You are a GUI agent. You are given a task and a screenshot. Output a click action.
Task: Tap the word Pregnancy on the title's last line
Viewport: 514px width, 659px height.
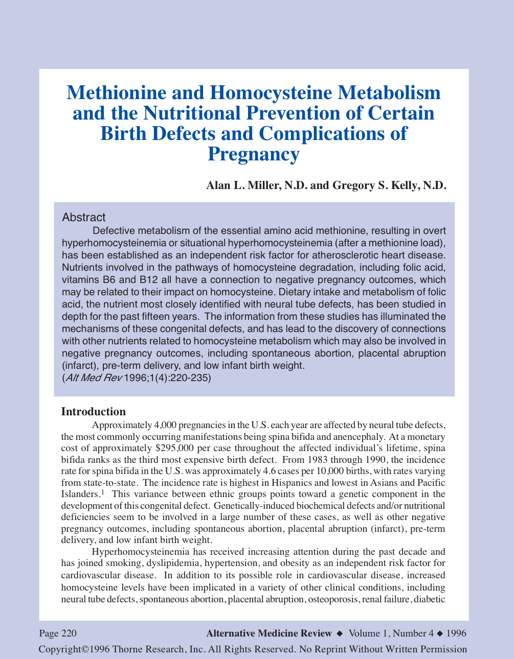pyautogui.click(x=253, y=154)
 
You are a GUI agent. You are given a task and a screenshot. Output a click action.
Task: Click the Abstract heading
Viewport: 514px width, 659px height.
pyautogui.click(x=83, y=217)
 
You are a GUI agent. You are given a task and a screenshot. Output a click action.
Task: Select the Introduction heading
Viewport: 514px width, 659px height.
pyautogui.click(x=93, y=412)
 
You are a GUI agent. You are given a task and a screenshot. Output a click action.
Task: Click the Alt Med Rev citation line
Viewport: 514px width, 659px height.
pyautogui.click(x=136, y=378)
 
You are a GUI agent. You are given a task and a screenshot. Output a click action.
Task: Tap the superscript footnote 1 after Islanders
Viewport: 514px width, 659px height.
pyautogui.click(x=102, y=492)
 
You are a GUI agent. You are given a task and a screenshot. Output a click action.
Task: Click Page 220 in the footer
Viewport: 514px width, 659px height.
pyautogui.click(x=58, y=633)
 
